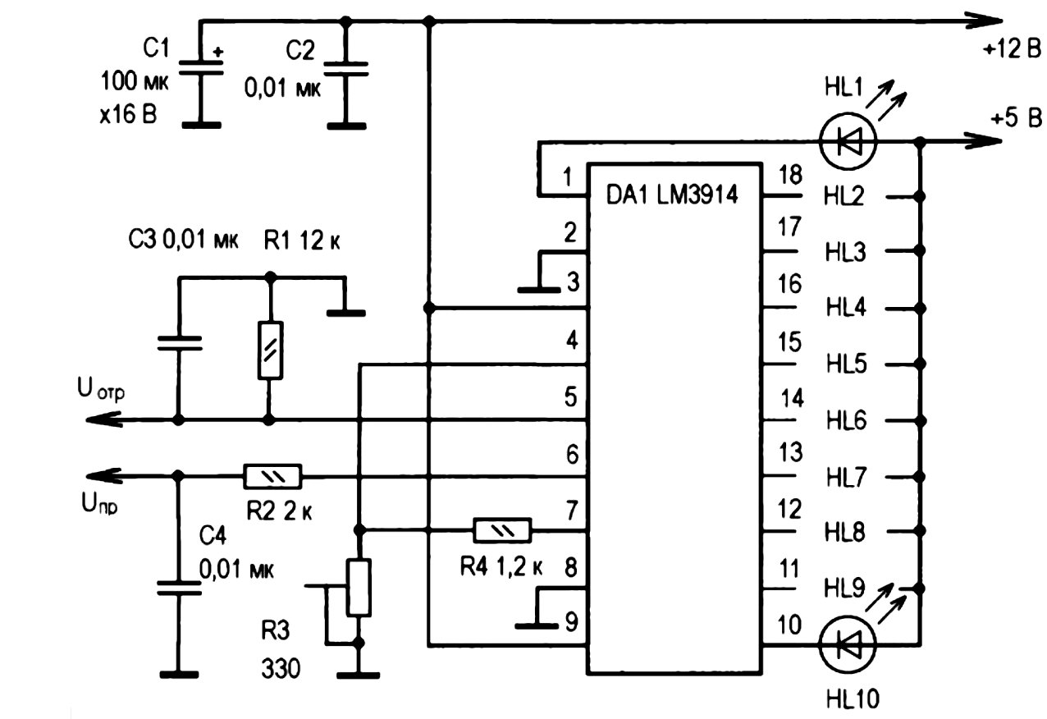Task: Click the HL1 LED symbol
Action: point(848,140)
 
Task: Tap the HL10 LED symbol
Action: point(848,644)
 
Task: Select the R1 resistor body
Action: point(270,350)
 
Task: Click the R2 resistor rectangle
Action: point(272,476)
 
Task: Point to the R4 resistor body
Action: point(502,530)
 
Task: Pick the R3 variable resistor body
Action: point(359,587)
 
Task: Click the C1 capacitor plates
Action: point(202,68)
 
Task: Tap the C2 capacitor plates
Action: point(346,69)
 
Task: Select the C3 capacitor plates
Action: point(180,342)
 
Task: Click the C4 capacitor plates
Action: point(179,588)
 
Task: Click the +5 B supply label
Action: point(1016,118)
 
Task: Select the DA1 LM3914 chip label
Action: point(672,195)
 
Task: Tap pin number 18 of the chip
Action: point(790,175)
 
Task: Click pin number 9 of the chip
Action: point(571,622)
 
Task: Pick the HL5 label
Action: point(846,364)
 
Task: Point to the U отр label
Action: point(101,389)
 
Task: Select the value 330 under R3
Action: point(281,668)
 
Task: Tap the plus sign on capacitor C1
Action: point(217,52)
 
